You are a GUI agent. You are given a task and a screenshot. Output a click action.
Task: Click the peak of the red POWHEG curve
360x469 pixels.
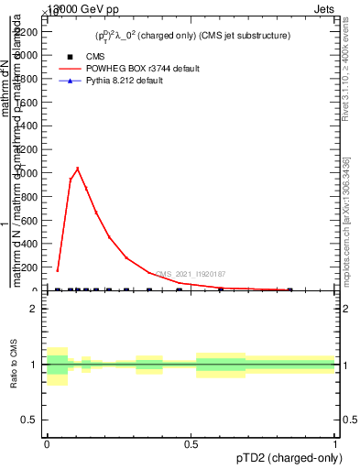click(x=78, y=168)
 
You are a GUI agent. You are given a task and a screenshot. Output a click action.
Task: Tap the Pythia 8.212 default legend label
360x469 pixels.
click(x=124, y=81)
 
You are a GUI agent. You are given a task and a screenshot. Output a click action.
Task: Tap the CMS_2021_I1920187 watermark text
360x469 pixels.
click(x=191, y=274)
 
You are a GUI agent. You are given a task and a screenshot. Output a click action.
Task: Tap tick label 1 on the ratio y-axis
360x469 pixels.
click(x=35, y=365)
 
